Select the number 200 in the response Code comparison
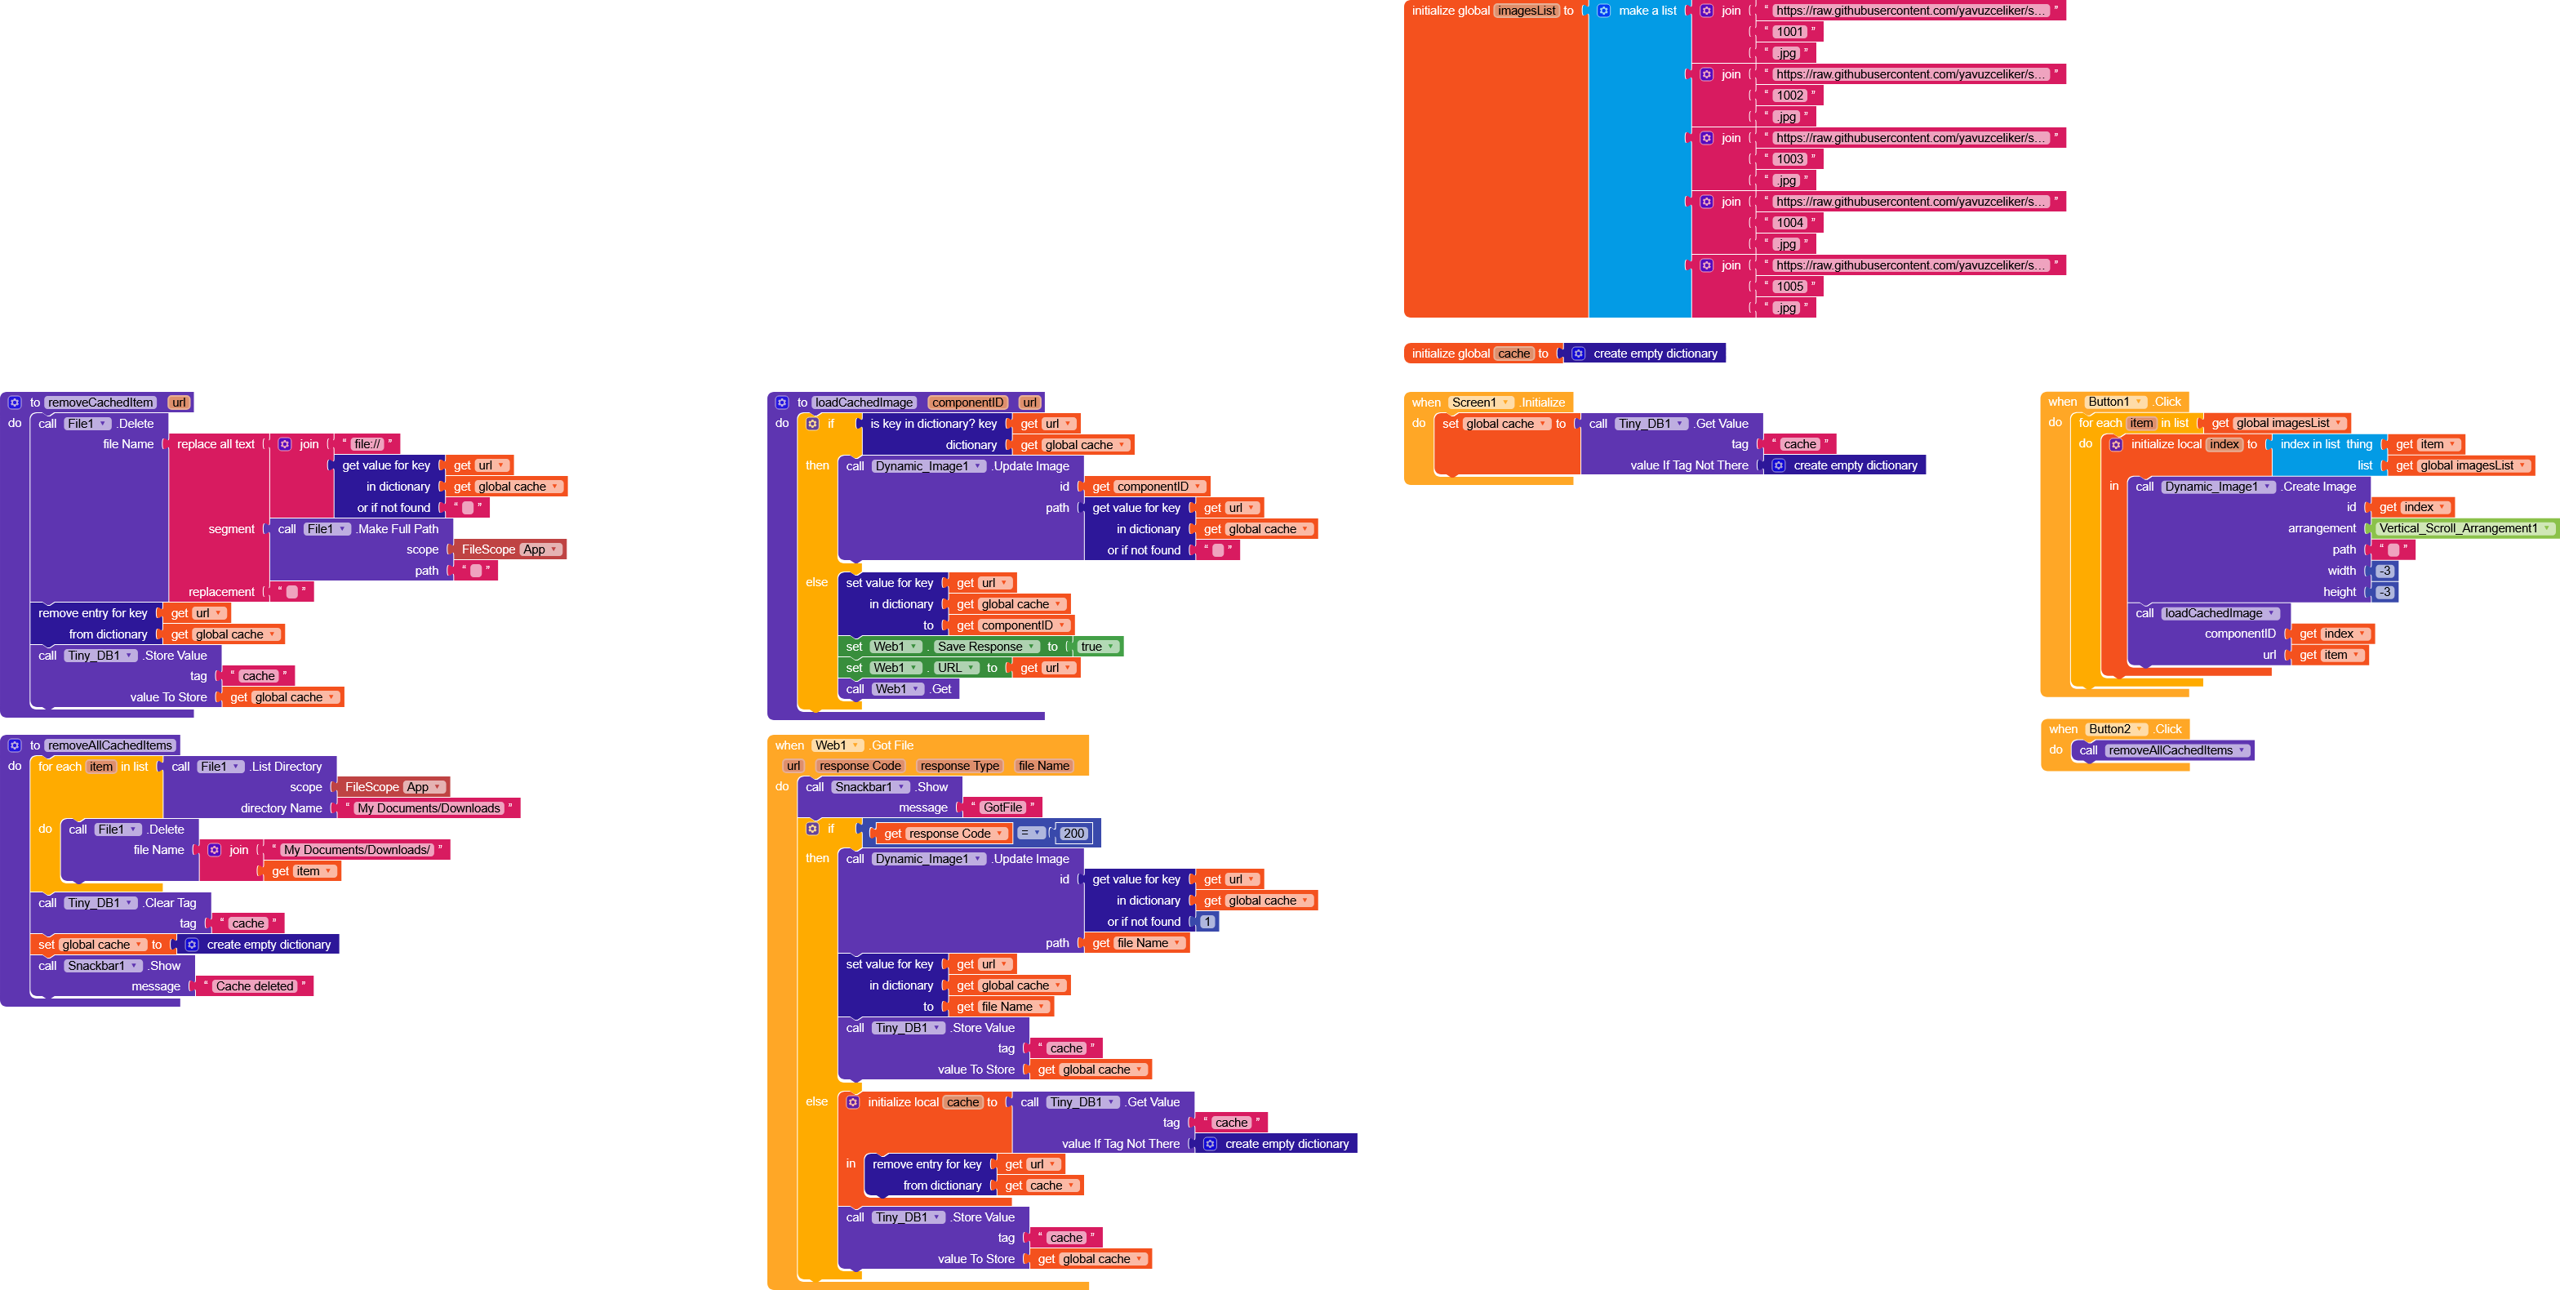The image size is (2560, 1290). tap(1073, 834)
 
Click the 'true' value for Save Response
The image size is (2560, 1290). tap(1091, 647)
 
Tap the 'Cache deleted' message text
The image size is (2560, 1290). tap(255, 987)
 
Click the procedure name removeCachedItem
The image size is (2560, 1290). tap(100, 403)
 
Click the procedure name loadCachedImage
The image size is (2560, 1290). tap(864, 403)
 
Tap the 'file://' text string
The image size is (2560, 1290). tap(367, 444)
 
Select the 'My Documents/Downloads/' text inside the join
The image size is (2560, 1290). tap(357, 850)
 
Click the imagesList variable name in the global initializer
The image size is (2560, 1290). tap(1527, 11)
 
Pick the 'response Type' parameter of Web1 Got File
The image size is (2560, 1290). tap(959, 767)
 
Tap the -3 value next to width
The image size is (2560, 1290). tap(2384, 571)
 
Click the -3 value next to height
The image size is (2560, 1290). tap(2384, 592)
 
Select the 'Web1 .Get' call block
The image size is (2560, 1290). tap(899, 689)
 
